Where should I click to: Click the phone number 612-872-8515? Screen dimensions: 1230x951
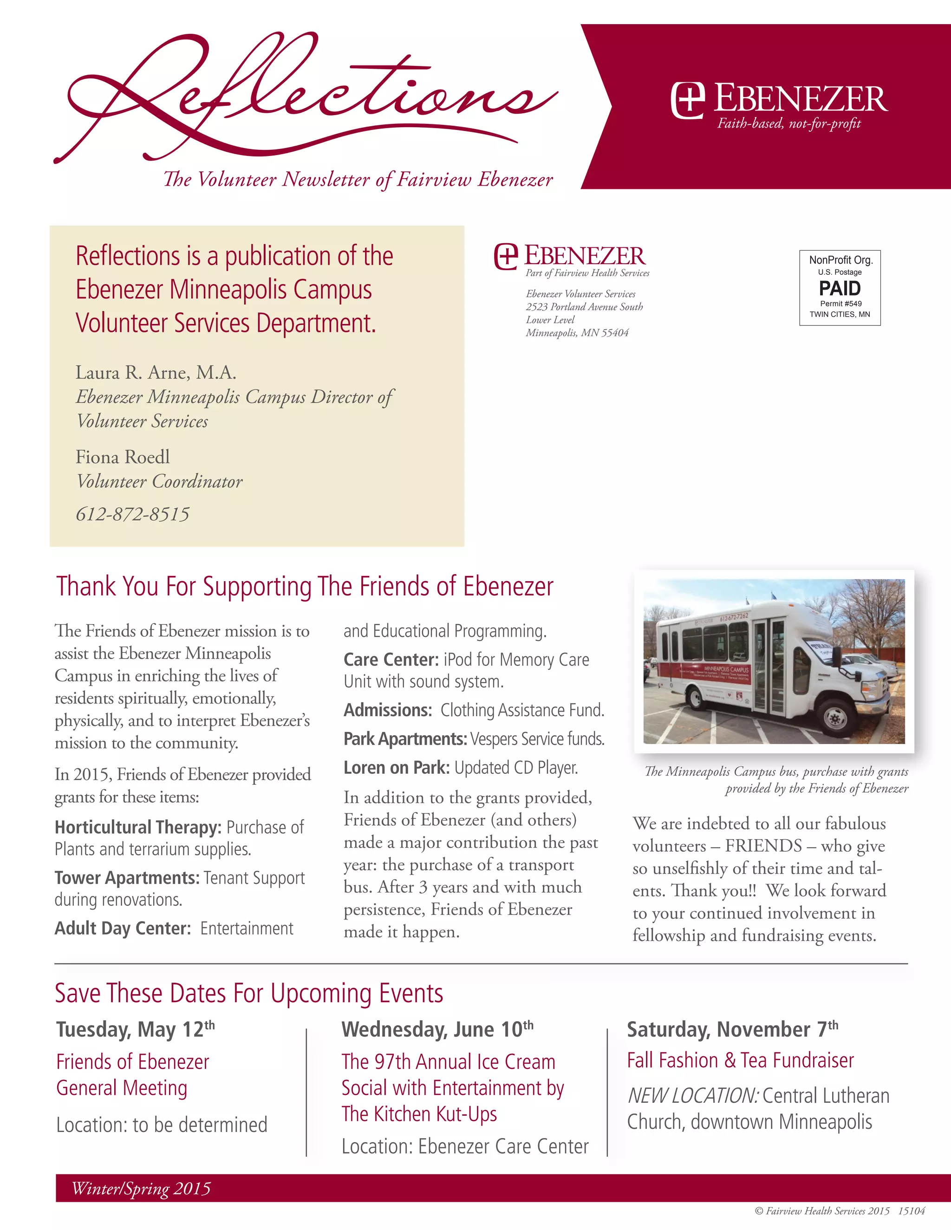[132, 514]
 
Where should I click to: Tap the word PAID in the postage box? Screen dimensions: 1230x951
[840, 288]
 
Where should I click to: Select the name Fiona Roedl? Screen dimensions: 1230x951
[123, 457]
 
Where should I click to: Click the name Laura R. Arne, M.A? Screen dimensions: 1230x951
[156, 373]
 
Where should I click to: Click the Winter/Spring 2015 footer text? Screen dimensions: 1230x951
[141, 1189]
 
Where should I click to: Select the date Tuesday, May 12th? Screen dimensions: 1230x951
[135, 1029]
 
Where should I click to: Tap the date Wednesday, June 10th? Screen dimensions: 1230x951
[437, 1029]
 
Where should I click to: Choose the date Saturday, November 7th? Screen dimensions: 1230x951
[732, 1029]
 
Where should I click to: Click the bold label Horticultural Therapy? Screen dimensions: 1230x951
[138, 827]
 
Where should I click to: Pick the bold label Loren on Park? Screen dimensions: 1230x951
[397, 768]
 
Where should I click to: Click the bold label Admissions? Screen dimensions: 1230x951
[388, 710]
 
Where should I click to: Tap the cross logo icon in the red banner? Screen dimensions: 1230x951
[687, 100]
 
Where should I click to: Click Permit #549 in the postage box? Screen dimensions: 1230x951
[840, 304]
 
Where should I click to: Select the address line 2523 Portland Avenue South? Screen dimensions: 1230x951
[584, 307]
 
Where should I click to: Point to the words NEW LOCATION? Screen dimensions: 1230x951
[693, 1096]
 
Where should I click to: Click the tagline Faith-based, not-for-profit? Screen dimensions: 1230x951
[789, 124]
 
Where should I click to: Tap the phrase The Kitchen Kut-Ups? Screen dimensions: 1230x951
[419, 1114]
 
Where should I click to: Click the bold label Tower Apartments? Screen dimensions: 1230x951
[127, 878]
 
